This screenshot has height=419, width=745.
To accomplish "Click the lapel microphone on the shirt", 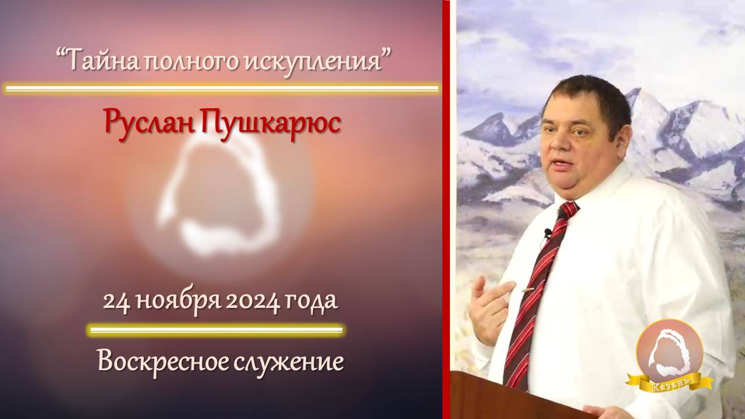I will (547, 233).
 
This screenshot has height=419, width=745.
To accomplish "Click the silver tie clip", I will (528, 289).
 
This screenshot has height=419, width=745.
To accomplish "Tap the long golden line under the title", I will (221, 89).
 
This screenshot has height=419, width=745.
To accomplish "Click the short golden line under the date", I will (215, 331).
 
